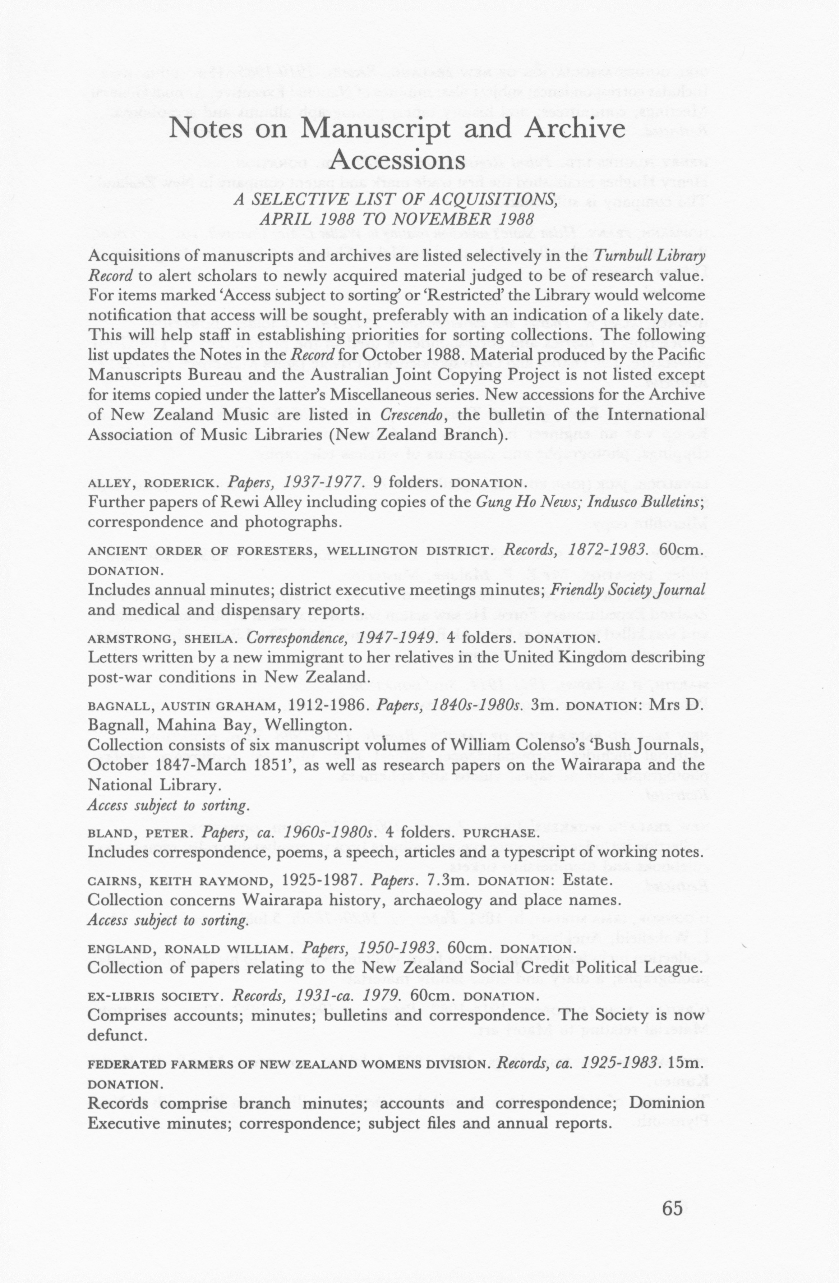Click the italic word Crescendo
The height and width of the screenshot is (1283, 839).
point(409,415)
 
